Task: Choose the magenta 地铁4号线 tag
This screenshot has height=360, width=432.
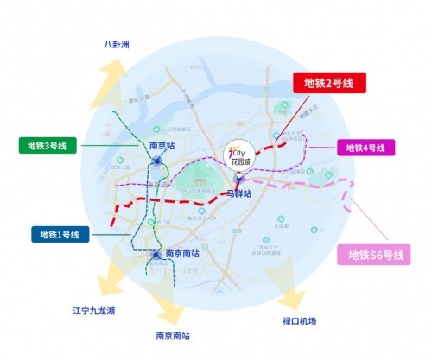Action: pos(365,148)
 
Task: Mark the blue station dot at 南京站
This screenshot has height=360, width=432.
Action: pos(156,161)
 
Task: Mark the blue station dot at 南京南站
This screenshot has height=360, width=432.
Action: pos(156,255)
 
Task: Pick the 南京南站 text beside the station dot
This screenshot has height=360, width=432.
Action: pos(182,255)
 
